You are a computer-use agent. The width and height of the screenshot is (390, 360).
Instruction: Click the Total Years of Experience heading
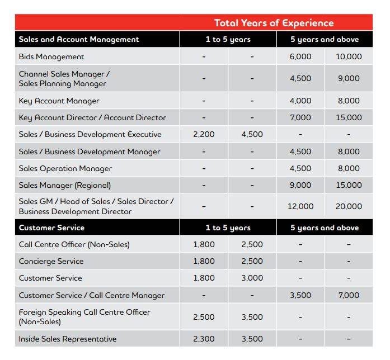(274, 23)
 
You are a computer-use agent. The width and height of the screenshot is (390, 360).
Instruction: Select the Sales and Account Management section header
(79, 40)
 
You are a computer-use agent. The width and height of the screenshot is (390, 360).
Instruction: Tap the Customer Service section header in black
(51, 228)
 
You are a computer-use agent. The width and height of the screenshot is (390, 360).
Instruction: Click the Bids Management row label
(51, 56)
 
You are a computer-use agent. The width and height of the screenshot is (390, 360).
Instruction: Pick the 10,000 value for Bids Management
(349, 56)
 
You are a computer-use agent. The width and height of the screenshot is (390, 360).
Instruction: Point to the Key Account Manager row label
(59, 101)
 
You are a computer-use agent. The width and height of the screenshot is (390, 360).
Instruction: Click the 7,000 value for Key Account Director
(300, 118)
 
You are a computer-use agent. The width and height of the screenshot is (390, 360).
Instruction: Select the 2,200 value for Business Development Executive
(204, 135)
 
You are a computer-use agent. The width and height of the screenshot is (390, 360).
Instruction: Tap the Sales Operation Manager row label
(65, 169)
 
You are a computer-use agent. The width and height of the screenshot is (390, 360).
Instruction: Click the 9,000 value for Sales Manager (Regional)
(300, 186)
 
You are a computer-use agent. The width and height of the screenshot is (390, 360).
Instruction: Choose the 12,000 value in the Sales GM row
(300, 207)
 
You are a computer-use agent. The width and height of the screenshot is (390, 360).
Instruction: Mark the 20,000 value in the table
(349, 207)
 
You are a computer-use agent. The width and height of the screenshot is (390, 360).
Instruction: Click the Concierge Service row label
(51, 262)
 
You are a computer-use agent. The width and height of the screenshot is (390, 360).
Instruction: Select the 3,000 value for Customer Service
(252, 278)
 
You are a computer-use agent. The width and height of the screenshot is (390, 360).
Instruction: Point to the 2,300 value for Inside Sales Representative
(204, 339)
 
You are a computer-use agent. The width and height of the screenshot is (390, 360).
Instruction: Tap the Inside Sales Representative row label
(68, 339)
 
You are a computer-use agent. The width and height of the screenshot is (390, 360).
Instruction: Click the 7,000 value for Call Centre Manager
(349, 296)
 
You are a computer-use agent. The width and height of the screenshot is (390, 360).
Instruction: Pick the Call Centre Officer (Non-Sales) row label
(74, 245)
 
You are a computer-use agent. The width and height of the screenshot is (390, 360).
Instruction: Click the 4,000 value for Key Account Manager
(300, 101)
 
